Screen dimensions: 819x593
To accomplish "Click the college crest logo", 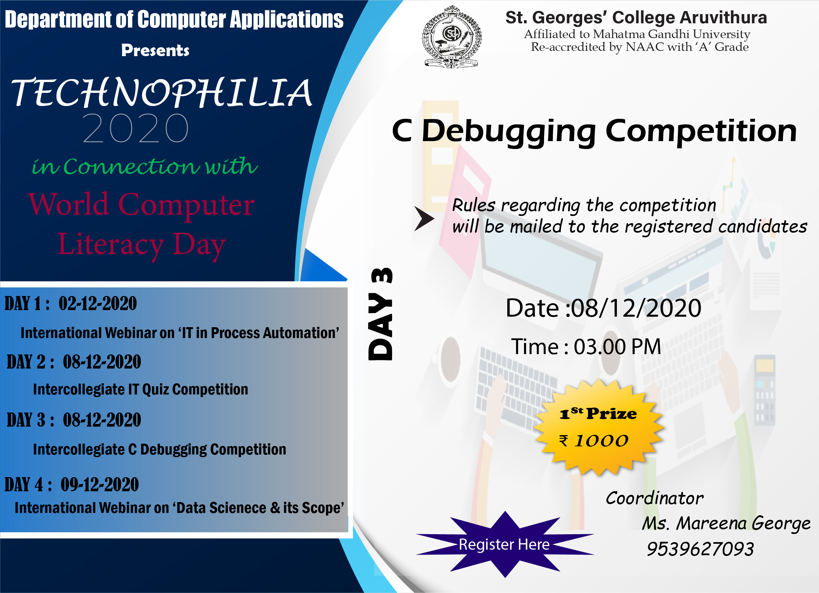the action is pos(452,36).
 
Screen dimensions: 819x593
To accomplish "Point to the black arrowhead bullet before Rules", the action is pos(424,219).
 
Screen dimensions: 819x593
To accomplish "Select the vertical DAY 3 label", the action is pos(380,314).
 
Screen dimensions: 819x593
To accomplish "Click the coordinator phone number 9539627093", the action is pos(700,549).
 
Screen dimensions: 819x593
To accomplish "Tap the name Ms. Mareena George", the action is pos(726,523).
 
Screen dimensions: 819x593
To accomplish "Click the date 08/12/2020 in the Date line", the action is pos(636,308).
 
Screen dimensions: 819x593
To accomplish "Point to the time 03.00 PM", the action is pos(618,347).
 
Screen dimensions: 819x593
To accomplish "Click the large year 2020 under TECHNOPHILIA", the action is pos(136,128).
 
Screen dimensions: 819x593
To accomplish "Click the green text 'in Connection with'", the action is pos(145,166).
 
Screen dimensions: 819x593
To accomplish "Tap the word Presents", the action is pos(155,50).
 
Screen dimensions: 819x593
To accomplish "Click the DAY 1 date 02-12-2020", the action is pos(98,303).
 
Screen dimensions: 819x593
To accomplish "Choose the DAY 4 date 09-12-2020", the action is pos(100,485).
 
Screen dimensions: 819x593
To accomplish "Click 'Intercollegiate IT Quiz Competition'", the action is pos(140,389).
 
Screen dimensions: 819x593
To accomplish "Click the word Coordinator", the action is pos(654,498).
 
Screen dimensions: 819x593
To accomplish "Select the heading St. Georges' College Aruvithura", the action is pos(636,17).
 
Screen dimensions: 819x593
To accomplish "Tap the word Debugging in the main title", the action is pos(509,132).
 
